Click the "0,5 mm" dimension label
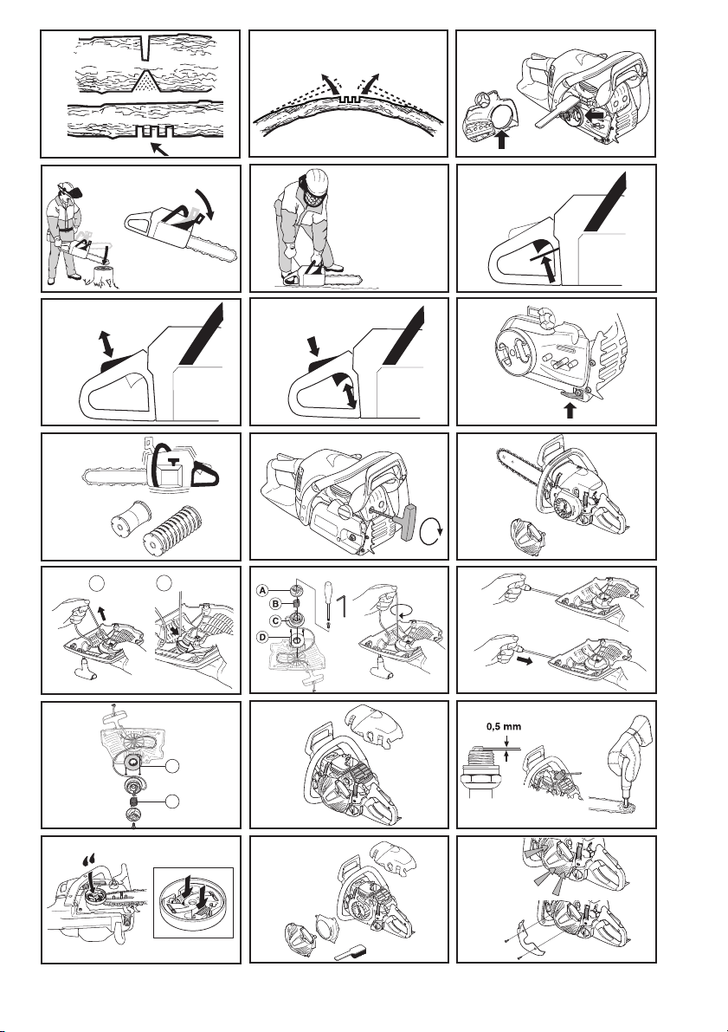(x=504, y=727)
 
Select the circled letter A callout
(x=262, y=590)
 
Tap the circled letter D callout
(x=262, y=637)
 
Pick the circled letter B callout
(x=276, y=604)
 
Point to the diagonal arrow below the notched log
(x=160, y=149)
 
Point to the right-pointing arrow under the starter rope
(x=524, y=659)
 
